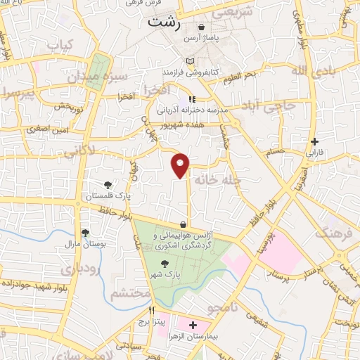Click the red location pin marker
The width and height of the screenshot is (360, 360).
tap(181, 165)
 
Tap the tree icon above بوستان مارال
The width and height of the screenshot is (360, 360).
tap(86, 231)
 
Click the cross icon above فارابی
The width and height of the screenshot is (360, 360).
tap(315, 141)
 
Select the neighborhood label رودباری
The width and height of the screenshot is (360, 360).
tap(75, 268)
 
